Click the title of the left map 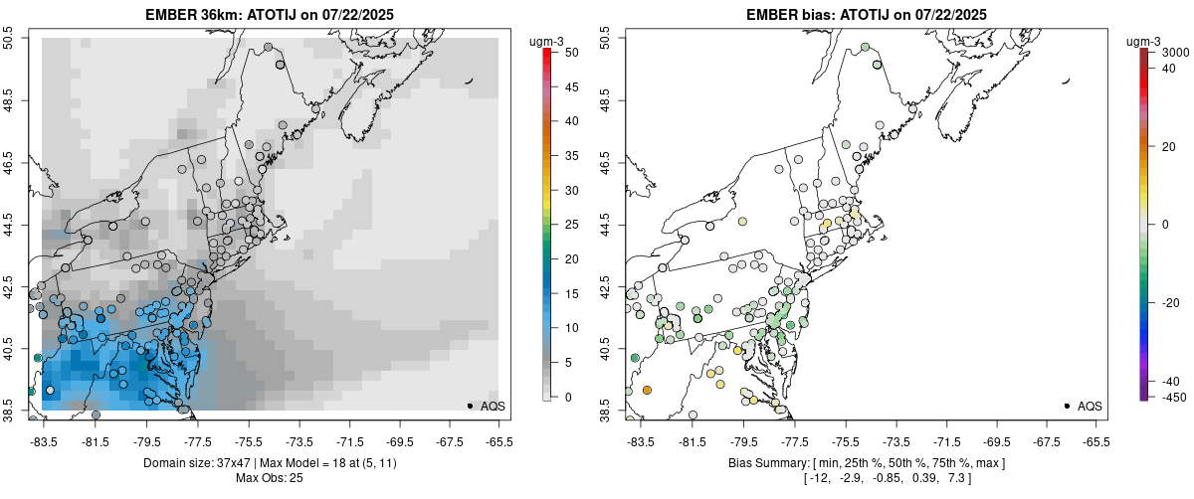click(x=269, y=14)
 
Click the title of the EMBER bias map click(x=867, y=14)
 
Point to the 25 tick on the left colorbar click(x=566, y=225)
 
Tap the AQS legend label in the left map click(x=493, y=407)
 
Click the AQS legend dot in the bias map click(x=1066, y=407)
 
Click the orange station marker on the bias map click(x=647, y=391)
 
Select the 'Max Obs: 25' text click(x=269, y=478)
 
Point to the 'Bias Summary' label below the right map click(x=765, y=463)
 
